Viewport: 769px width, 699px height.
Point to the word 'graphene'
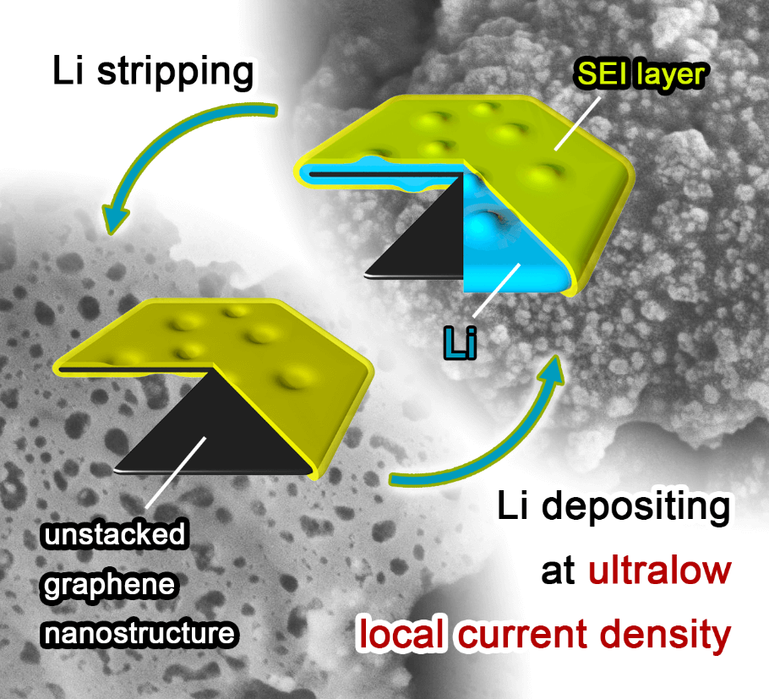[111, 584]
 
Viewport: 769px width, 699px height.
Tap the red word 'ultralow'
[660, 571]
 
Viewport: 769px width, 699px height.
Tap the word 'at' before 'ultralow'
[558, 571]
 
